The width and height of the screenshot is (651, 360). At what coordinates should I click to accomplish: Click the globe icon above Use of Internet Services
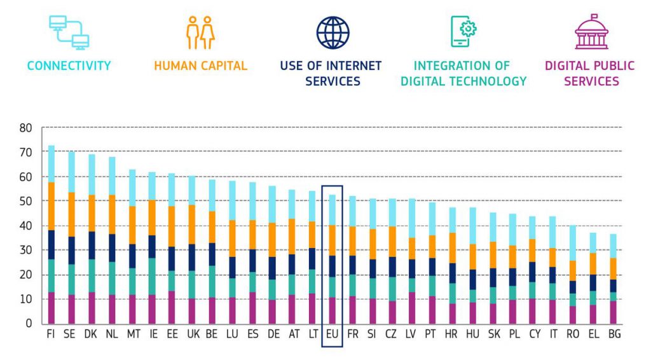point(333,33)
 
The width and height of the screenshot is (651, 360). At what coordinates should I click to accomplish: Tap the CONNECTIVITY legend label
point(69,66)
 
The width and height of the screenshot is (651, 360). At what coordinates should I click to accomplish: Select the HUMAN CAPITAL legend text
point(200,66)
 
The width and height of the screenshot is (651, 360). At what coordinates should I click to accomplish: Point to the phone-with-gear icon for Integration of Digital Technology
point(463,32)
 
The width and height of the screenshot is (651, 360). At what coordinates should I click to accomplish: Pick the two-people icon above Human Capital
point(200,33)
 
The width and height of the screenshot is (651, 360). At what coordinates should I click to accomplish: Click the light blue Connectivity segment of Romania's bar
point(573,243)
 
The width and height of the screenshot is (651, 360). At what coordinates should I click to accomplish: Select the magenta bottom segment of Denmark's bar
point(92,308)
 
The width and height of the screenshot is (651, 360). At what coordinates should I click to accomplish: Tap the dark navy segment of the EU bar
point(332,266)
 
